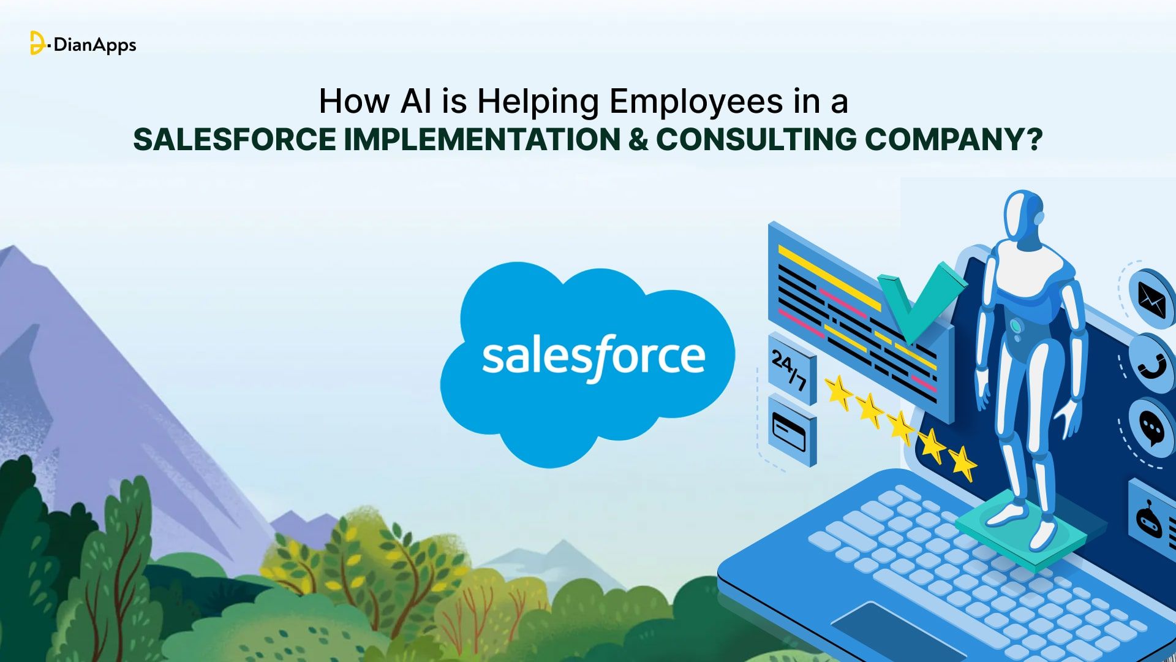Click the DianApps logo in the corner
point(83,44)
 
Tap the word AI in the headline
point(416,101)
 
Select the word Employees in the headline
point(696,102)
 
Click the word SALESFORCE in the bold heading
point(234,139)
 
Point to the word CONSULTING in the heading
point(756,139)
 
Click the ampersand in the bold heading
point(638,139)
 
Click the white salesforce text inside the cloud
point(593,357)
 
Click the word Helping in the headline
point(538,102)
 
